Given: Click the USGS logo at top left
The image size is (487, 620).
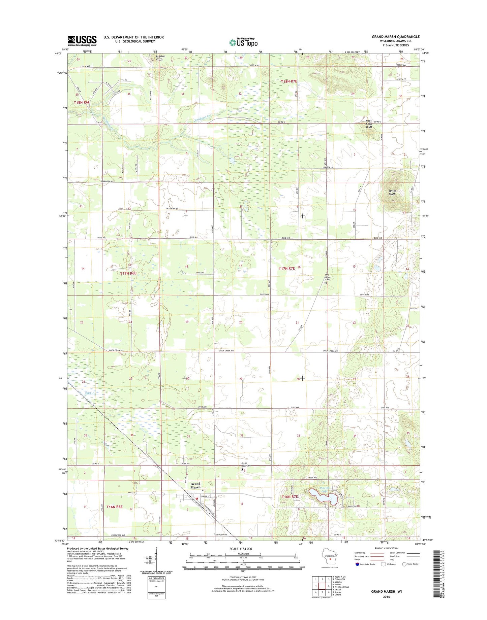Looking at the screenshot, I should click(82, 41).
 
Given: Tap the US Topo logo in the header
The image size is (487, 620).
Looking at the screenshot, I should click(243, 42).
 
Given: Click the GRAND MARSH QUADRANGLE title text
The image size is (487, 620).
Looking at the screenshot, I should click(396, 37).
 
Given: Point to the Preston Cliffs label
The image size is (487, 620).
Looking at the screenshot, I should click(160, 58).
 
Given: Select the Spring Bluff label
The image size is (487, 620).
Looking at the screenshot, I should click(392, 192).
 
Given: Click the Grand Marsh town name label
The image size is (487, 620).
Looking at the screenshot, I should click(195, 486).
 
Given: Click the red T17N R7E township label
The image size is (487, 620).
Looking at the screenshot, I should click(287, 268).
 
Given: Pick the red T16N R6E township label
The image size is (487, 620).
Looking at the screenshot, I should click(115, 507).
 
